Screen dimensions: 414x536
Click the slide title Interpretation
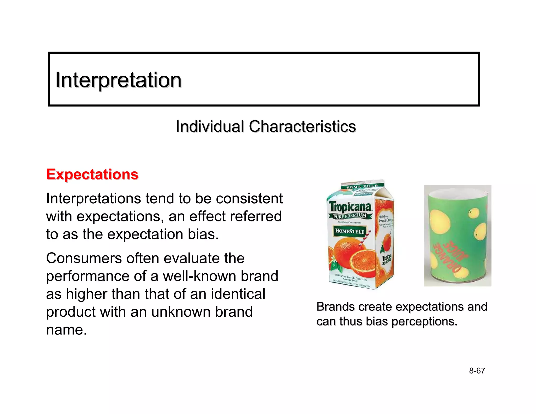118,80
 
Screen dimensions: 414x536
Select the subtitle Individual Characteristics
266,126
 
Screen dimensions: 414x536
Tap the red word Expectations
92,174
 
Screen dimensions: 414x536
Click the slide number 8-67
477,371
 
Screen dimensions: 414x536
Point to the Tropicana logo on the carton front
350,207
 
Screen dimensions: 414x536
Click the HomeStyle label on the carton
350,231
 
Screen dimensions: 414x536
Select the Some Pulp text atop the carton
362,187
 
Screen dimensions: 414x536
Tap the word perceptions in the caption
425,322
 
